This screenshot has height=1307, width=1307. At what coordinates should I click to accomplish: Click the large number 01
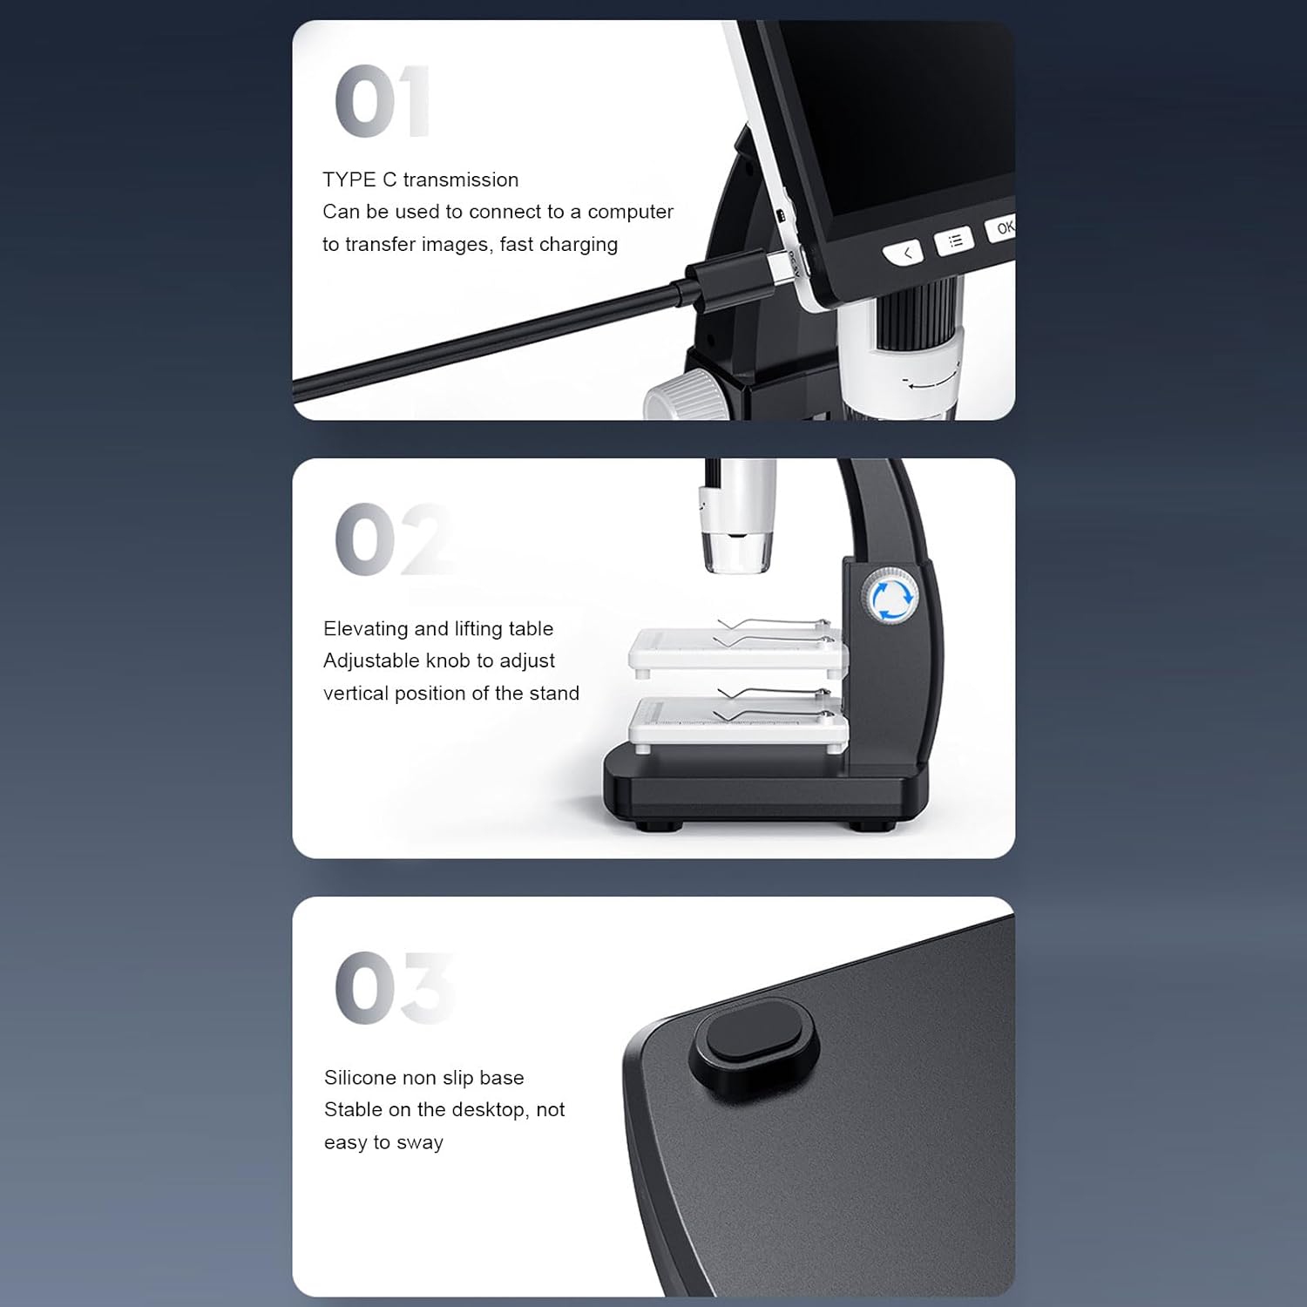(382, 101)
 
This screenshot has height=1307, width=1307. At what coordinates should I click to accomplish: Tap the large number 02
(392, 539)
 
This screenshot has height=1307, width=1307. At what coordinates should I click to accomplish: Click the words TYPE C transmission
(420, 179)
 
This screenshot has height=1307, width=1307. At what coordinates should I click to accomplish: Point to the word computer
(630, 213)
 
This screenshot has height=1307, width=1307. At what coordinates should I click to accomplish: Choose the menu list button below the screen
(954, 240)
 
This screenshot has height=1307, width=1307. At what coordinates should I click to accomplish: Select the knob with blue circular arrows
(891, 596)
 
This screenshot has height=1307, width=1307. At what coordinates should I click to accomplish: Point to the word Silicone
(360, 1078)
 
